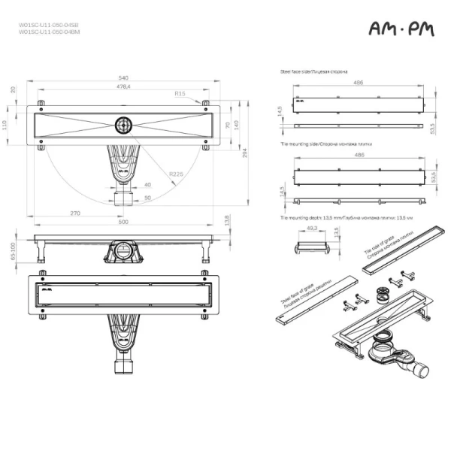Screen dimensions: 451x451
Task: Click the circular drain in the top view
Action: click(x=123, y=123)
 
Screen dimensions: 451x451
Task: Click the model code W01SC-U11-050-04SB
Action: click(x=48, y=25)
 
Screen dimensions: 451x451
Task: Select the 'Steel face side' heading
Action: click(x=313, y=71)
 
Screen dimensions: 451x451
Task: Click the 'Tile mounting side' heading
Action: click(x=319, y=142)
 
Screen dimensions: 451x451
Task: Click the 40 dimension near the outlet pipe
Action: click(x=147, y=184)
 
